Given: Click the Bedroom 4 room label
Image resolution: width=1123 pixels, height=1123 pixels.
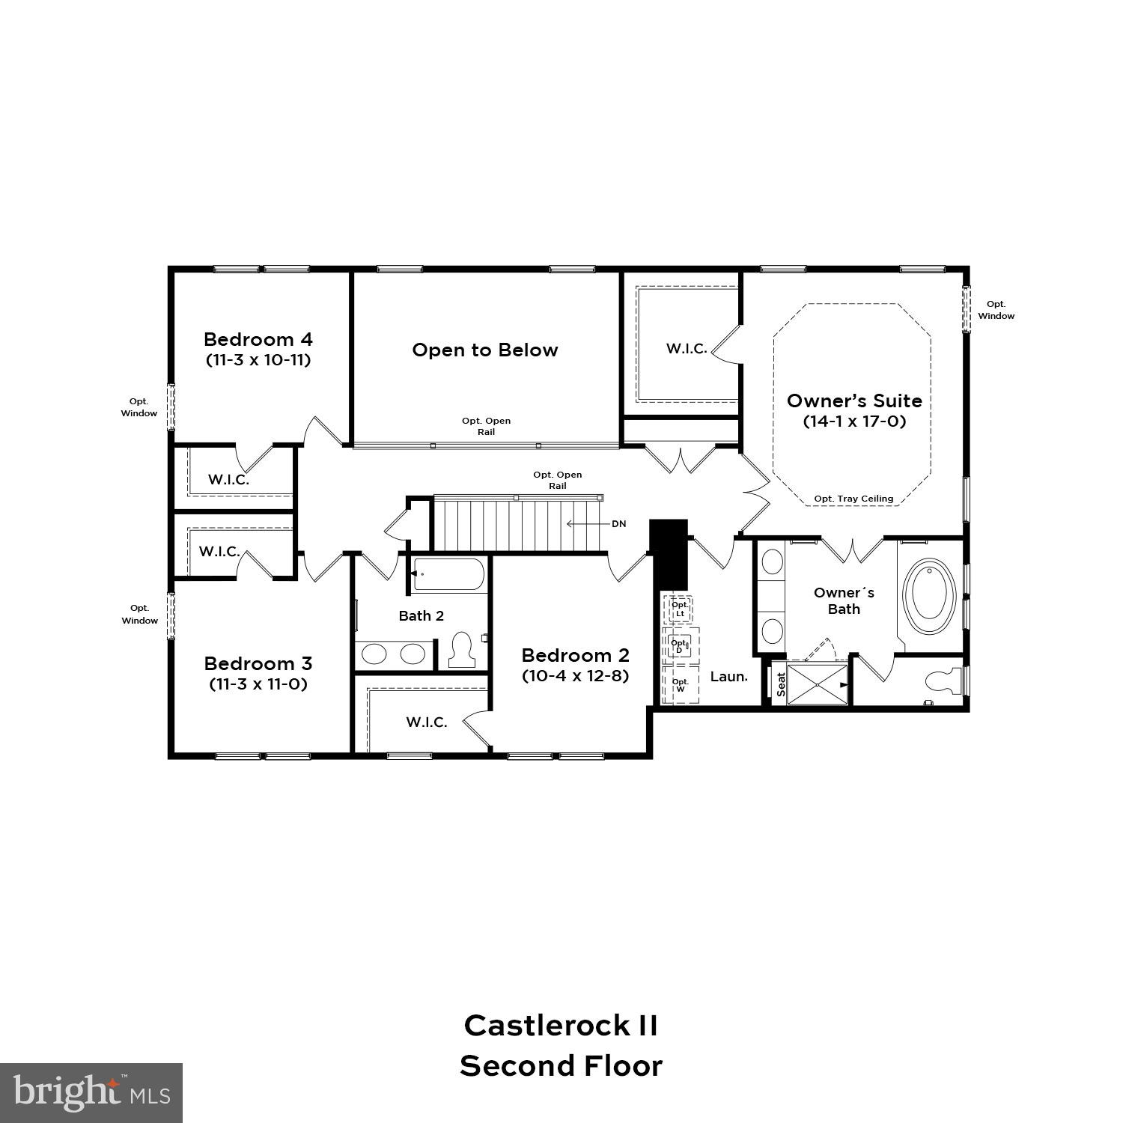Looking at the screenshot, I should pos(258,339).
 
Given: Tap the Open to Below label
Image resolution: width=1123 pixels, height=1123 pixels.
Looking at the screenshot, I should pos(485,350).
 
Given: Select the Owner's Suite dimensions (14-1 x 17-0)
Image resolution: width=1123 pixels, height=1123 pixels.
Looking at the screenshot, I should pos(854,421).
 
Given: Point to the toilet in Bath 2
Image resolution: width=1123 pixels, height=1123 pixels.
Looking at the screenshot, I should pos(462,650).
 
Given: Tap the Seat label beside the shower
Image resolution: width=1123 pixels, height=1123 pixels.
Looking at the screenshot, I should pos(781,684).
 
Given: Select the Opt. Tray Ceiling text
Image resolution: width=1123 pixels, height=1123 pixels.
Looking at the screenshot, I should pos(853,499).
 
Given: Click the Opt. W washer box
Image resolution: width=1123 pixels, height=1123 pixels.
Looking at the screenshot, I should pos(681,685).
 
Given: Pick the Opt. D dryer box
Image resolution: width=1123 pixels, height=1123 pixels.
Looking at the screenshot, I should pos(679,646).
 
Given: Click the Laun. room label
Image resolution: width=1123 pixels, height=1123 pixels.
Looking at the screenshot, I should pos(728,677).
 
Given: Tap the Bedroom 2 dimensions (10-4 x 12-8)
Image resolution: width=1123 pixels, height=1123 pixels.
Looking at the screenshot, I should pos(575,676).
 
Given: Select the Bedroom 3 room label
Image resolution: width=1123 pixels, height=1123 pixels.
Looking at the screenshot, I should pos(258,663).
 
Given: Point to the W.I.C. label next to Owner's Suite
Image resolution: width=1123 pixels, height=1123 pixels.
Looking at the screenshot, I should pos(687,349).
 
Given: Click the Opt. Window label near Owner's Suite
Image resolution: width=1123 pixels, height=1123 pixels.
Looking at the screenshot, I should pos(996,310).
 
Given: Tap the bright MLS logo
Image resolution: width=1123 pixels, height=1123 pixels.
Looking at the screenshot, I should pos(91,1093).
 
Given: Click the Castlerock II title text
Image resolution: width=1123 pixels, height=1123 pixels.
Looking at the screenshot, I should pos(561,1026).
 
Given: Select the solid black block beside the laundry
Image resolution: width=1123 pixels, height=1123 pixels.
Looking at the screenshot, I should pos(668,554).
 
